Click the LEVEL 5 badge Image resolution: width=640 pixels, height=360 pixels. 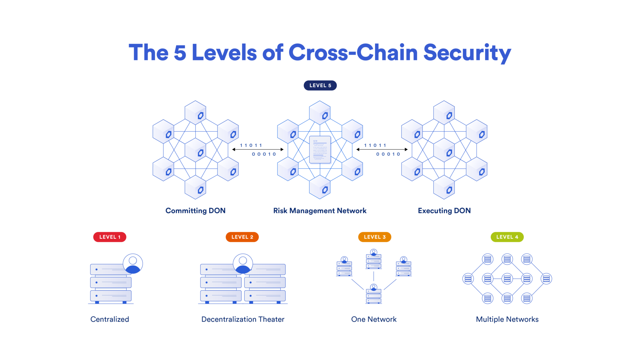pos(320,85)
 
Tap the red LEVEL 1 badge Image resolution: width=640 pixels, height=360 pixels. pos(110,237)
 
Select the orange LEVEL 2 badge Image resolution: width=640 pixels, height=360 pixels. pos(242,237)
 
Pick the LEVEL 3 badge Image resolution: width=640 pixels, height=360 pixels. pos(374,237)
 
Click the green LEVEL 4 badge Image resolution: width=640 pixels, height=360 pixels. pos(507,237)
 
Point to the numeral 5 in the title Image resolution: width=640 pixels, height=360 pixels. pos(180,52)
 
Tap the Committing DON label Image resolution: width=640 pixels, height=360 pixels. pos(195,211)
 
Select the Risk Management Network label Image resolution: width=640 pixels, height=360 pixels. pos(320,211)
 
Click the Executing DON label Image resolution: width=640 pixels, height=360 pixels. pos(444,211)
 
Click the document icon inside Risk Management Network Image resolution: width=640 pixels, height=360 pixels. pos(320,149)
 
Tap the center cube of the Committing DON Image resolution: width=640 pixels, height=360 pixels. pos(196,150)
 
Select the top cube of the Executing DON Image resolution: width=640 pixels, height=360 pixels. pos(444,112)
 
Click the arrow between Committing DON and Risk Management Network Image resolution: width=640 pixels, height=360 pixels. pos(258,149)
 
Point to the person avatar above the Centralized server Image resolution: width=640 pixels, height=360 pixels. pos(133,263)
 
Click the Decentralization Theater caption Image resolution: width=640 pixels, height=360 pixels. pos(243,319)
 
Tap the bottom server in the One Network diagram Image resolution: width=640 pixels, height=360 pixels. pos(373,295)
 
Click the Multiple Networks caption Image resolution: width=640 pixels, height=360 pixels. pos(507,319)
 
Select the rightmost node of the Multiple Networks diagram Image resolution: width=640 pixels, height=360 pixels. pos(546,278)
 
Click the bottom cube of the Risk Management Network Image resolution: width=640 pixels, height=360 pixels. pos(320,187)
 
